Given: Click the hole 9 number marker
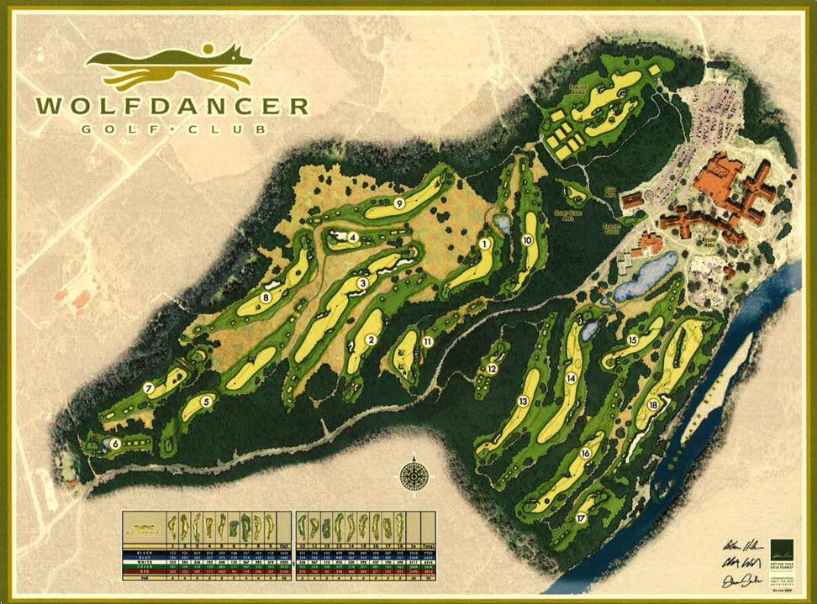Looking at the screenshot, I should [399, 203].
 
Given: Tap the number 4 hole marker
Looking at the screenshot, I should [354, 238].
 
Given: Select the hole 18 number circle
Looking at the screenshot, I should [654, 406].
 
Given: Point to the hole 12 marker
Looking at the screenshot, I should [492, 368].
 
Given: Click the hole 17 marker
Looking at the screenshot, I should [580, 518].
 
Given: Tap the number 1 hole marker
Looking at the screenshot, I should [485, 244].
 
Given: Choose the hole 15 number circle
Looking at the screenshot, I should [632, 340].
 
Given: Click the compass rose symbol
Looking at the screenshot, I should [413, 475].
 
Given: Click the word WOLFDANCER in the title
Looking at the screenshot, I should [171, 107].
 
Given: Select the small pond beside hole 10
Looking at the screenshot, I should [503, 224].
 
